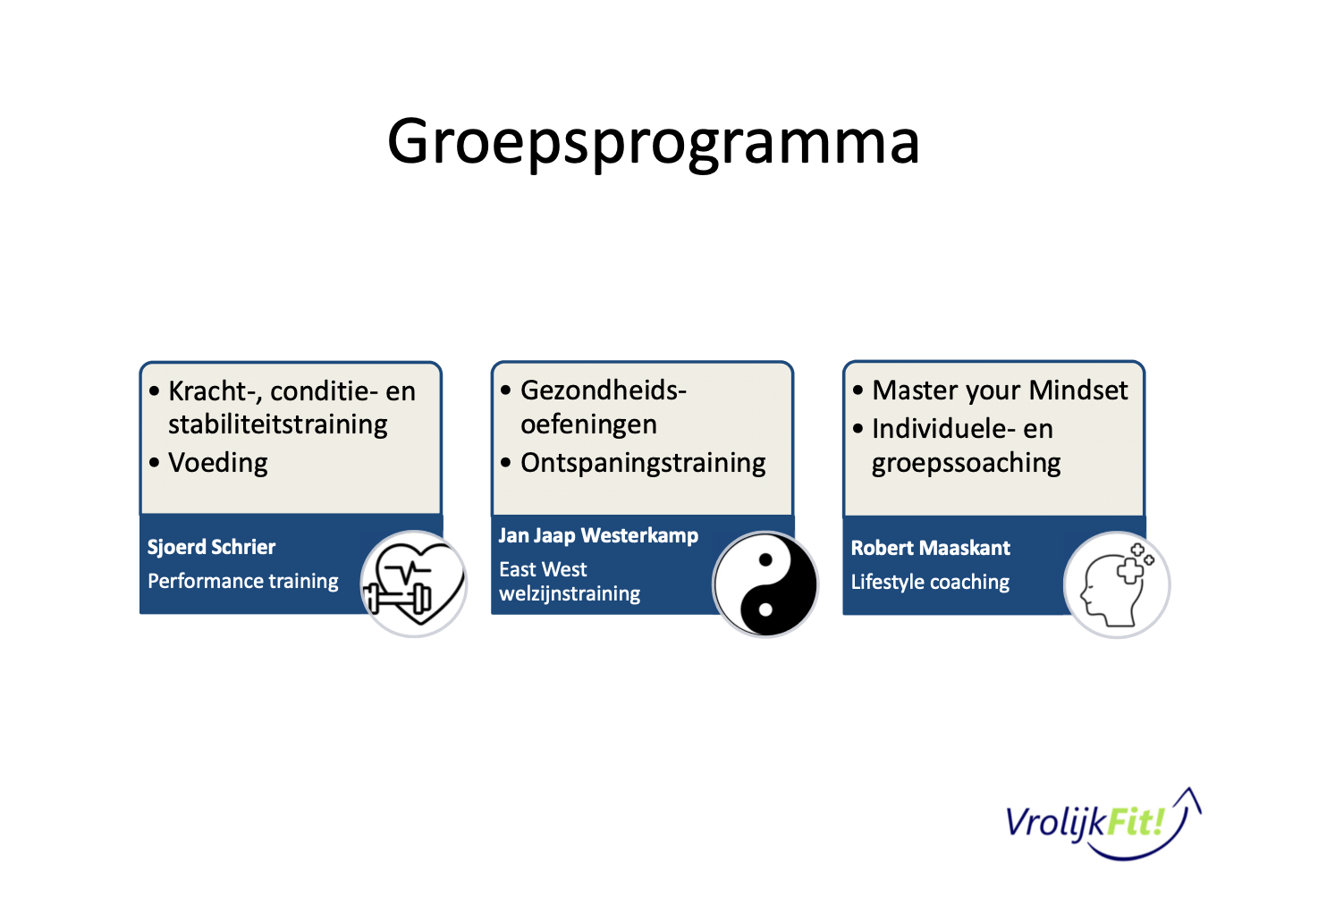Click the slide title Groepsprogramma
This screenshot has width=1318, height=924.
[x=653, y=141]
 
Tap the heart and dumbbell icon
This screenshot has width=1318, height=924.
[x=413, y=584]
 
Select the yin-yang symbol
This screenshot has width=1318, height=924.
[x=765, y=584]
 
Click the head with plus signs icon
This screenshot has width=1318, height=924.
[x=1117, y=584]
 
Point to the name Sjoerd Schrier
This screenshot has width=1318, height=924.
[x=211, y=547]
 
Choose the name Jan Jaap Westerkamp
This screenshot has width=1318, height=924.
[x=598, y=535]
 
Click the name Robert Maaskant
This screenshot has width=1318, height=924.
[x=930, y=548]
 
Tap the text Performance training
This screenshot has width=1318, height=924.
[x=243, y=581]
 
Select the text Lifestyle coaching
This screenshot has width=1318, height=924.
[x=930, y=582]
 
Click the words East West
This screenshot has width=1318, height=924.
[x=543, y=569]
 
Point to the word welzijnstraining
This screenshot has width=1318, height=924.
[x=570, y=593]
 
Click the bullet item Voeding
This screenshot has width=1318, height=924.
[x=218, y=463]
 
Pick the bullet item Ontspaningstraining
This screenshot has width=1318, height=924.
[x=643, y=463]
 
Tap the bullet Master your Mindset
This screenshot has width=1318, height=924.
[x=1000, y=391]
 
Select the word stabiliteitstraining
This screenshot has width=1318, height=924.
[x=278, y=424]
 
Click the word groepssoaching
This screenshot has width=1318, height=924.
[x=967, y=463]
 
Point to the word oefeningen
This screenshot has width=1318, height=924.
[x=588, y=424]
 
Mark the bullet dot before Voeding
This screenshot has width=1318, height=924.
[x=155, y=463]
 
